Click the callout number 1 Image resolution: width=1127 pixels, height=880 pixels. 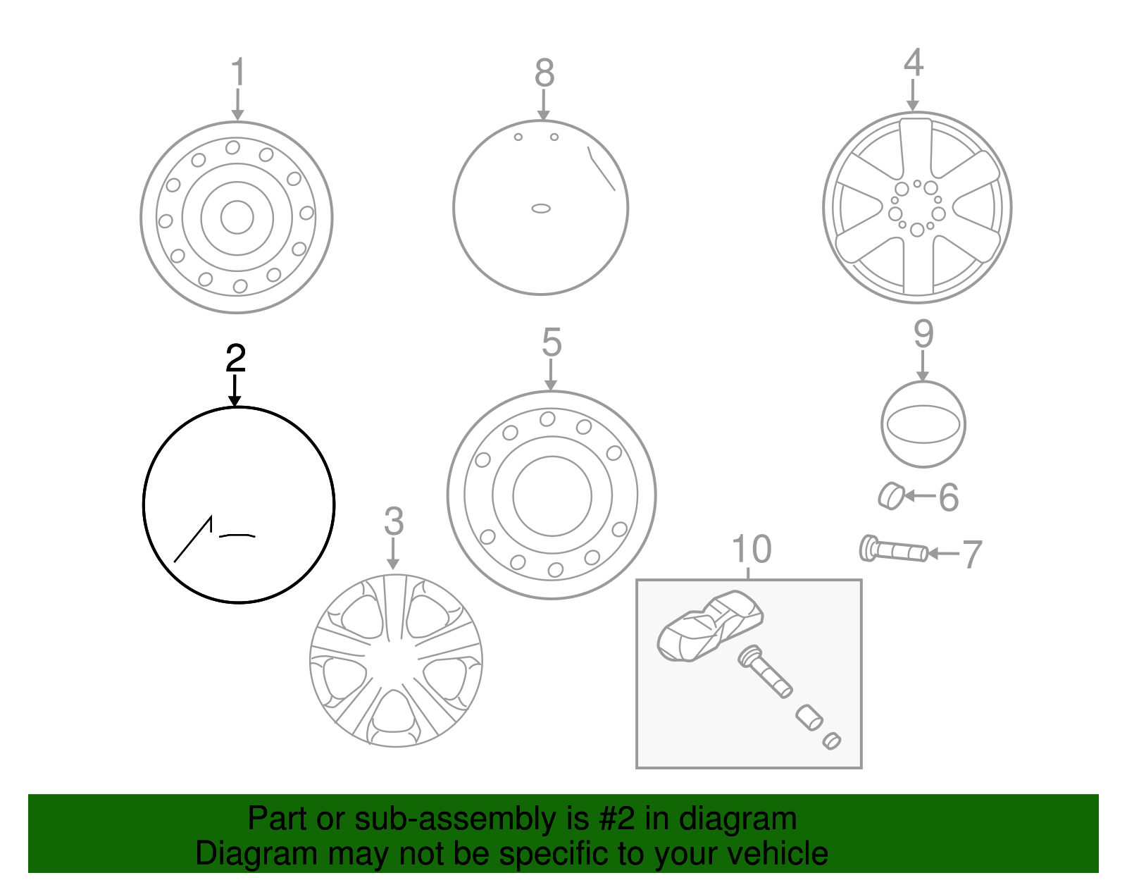coord(238,73)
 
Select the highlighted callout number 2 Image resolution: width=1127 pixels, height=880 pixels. coord(235,358)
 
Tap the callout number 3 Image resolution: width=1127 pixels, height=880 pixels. coord(394,522)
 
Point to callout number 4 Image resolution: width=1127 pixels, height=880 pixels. coord(913,63)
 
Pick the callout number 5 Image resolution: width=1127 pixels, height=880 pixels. coord(552,343)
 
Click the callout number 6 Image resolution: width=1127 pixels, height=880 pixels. coord(949,498)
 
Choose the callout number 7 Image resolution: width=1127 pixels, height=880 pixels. coord(972,554)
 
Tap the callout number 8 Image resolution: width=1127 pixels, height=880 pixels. coord(544,73)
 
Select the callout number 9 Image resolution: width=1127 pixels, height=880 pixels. coord(923,334)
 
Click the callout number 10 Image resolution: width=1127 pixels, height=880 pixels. coord(752,550)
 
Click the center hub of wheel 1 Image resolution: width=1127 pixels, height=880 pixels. coord(237,217)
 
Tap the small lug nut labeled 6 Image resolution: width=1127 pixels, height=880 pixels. coord(891,496)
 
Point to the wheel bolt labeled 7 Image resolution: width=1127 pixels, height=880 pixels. coord(893,550)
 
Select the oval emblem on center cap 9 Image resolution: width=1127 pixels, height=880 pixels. coord(923,425)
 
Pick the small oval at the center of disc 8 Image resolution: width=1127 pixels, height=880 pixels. coord(541,209)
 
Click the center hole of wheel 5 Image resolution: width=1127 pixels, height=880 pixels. coord(552,496)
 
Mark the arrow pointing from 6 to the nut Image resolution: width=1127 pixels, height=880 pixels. coord(920,496)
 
